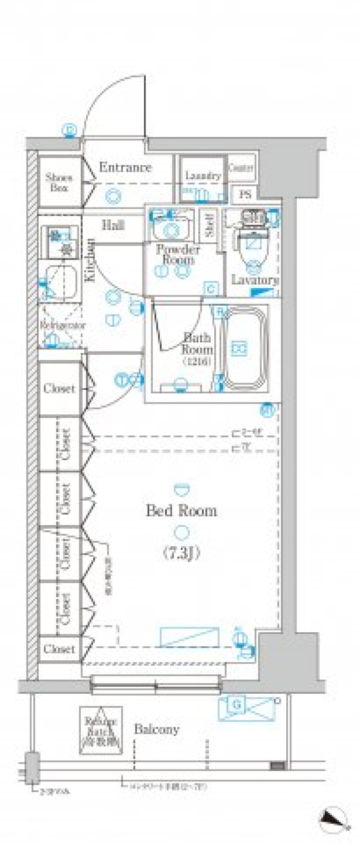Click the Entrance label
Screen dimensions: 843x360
point(125,167)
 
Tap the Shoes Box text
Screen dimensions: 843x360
point(59,183)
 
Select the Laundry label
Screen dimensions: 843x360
point(203,175)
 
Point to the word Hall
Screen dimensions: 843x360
point(113,225)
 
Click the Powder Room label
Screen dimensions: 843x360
point(178,254)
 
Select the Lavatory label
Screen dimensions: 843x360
point(255,280)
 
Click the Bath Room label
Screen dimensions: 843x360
point(197,344)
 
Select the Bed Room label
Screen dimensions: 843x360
point(181,511)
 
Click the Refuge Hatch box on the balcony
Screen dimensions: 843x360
point(101,730)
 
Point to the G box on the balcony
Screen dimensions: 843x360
point(237,705)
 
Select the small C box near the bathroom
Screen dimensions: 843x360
point(211,289)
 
